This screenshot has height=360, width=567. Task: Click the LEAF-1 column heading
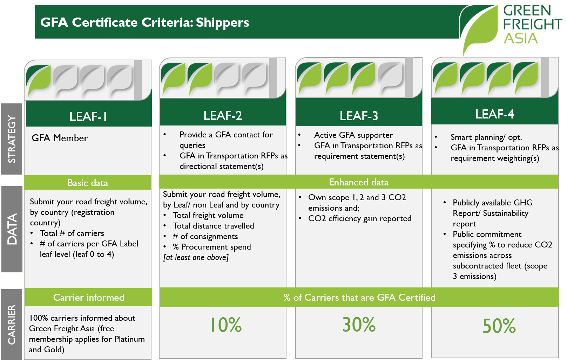88,116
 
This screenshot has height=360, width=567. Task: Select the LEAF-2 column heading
223,115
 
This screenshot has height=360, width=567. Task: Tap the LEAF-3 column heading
359,116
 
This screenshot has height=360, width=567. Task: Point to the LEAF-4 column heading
494,114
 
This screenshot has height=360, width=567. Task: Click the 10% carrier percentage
225,325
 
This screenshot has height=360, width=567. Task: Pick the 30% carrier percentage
359,324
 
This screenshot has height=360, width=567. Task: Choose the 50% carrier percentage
499,326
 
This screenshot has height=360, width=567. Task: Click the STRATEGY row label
12,139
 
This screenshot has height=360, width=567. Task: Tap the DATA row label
12,229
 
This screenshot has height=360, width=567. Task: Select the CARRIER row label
12,325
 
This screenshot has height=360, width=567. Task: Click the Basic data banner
88,183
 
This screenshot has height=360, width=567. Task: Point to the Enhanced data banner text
358,182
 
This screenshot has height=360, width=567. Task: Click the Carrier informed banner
88,298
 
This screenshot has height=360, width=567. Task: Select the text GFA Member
60,138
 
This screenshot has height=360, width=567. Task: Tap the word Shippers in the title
222,22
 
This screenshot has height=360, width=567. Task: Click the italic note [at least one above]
196,257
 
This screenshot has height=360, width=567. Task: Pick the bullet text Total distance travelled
213,226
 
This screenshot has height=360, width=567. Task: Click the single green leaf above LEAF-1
39,81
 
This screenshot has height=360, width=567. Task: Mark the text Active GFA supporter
353,135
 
